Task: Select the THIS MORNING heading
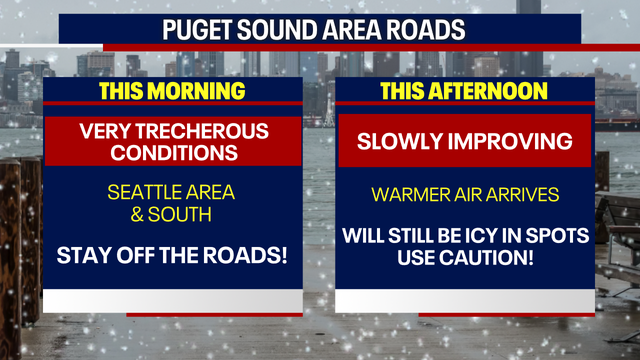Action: point(171,91)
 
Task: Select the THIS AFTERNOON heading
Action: point(464,91)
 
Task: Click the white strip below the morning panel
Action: point(171,301)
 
